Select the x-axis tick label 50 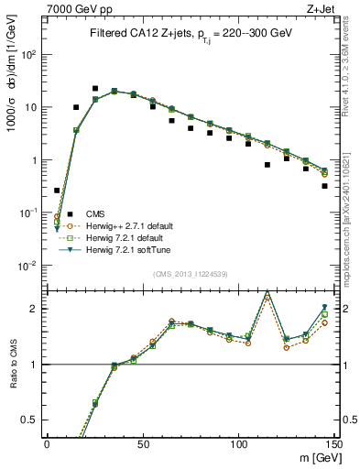[x=143, y=444]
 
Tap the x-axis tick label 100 [x=238, y=444]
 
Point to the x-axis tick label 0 [x=47, y=444]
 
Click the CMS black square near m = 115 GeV [x=267, y=165]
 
